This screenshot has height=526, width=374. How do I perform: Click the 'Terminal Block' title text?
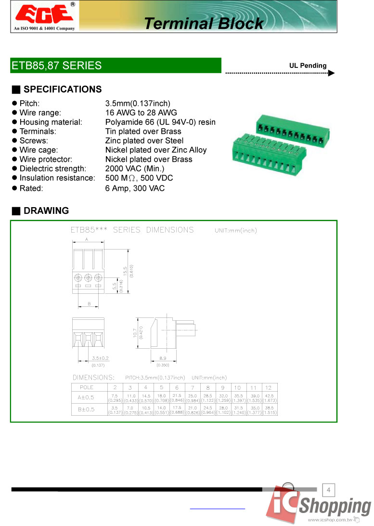click(204, 23)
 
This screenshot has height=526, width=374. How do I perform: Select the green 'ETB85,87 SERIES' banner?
click(116, 66)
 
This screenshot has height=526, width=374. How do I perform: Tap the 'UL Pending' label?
click(308, 66)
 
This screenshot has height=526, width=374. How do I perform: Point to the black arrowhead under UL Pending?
click(331, 73)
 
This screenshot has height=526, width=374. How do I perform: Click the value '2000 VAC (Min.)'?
click(134, 169)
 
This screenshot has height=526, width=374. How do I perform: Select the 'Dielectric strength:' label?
click(52, 169)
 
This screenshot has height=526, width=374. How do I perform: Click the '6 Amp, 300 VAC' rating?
click(135, 188)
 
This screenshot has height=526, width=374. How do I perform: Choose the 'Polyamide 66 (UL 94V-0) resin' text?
click(160, 122)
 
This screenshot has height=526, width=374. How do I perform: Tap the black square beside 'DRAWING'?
click(16, 211)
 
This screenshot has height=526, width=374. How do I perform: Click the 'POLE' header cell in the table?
click(87, 387)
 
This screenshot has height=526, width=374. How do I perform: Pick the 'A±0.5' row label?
click(86, 397)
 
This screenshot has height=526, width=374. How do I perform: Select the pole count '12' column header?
click(268, 387)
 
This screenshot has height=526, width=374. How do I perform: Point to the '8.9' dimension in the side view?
click(163, 358)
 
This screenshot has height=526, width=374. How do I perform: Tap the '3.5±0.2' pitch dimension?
click(100, 358)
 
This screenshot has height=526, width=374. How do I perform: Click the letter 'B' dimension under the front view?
click(90, 303)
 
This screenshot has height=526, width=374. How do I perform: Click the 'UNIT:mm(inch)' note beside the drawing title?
click(236, 230)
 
